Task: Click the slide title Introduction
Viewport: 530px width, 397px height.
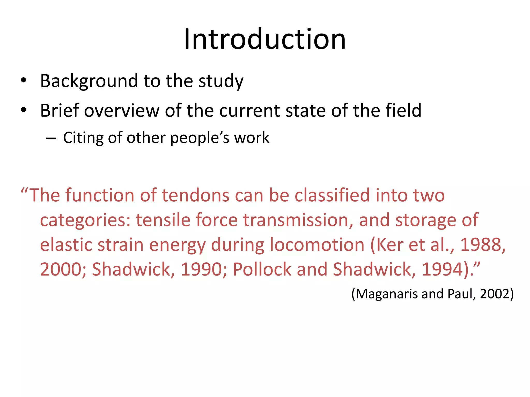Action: (x=265, y=39)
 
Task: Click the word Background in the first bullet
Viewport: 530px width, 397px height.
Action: (x=89, y=81)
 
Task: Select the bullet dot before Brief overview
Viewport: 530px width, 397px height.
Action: (x=24, y=110)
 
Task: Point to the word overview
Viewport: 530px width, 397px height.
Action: (x=122, y=111)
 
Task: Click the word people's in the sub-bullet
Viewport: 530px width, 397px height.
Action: (x=200, y=138)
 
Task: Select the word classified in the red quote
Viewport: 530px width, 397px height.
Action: (x=332, y=195)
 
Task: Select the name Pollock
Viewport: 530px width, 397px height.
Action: (x=262, y=269)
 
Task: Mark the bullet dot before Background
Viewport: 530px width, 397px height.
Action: (x=24, y=81)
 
